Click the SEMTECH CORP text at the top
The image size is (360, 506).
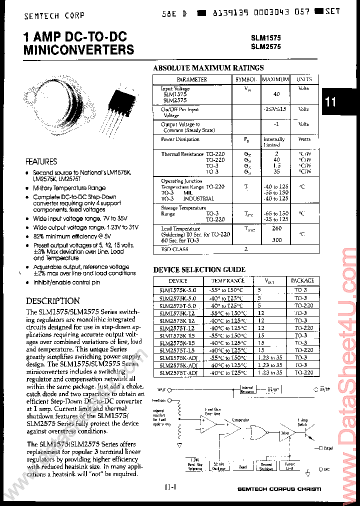tap(54, 15)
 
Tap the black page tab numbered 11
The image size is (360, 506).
tap(331, 102)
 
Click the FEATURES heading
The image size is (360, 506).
tap(41, 161)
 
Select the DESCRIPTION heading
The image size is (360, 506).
tap(52, 301)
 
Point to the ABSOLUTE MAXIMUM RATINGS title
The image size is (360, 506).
tap(208, 68)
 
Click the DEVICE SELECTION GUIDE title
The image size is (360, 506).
tap(199, 270)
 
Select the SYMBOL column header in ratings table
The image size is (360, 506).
tap(246, 79)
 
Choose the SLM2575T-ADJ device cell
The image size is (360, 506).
tap(178, 373)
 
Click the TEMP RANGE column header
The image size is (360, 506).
tap(227, 281)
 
